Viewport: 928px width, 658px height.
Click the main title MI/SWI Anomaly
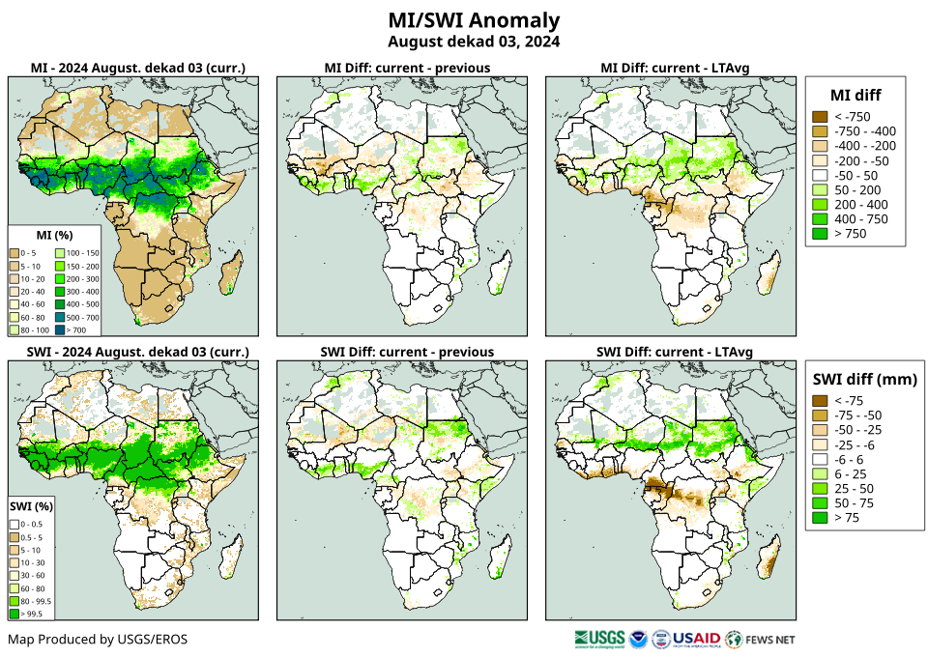tap(473, 20)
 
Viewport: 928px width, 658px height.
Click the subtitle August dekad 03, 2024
tap(473, 42)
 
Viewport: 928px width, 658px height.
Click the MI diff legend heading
tap(855, 94)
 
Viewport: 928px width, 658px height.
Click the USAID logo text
tap(696, 639)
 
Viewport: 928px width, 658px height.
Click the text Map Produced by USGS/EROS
tap(98, 640)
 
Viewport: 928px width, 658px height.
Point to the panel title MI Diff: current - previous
tap(406, 68)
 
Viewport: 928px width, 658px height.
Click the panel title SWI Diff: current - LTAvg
tap(675, 351)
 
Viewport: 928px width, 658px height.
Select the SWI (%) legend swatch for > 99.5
tap(15, 613)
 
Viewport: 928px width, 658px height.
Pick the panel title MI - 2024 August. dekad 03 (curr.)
tap(137, 68)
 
